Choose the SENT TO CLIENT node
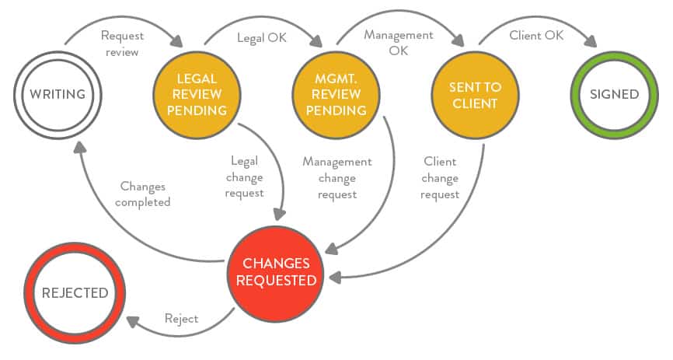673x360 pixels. click(x=473, y=95)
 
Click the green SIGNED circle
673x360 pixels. click(x=613, y=94)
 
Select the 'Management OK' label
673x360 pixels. click(x=399, y=42)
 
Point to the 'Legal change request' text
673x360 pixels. click(x=244, y=177)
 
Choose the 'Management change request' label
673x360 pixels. click(x=336, y=178)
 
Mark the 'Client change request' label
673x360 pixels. click(x=440, y=178)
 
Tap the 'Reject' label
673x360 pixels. click(x=181, y=319)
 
